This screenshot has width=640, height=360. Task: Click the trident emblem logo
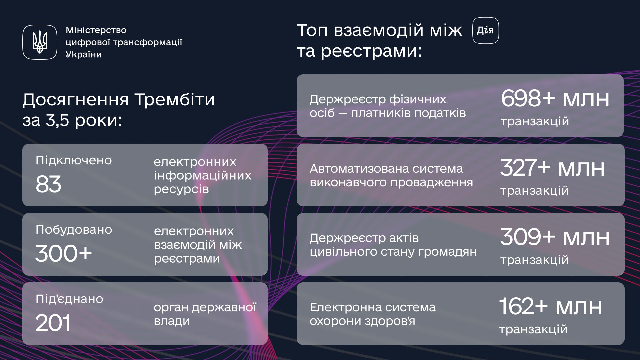click(x=40, y=42)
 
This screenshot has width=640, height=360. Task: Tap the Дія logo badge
click(x=486, y=31)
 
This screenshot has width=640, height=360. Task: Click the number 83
click(x=48, y=184)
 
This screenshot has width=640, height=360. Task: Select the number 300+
click(x=63, y=253)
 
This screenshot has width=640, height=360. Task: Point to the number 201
click(x=53, y=323)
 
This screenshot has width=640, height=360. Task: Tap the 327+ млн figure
click(x=552, y=167)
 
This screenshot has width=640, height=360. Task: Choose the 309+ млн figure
click(x=555, y=237)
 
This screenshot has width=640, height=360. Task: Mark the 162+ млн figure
click(x=551, y=306)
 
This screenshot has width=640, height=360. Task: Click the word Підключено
click(x=74, y=160)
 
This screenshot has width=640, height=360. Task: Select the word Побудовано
click(x=74, y=230)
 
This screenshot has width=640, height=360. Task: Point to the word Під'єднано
click(x=69, y=299)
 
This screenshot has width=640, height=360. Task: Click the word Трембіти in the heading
click(x=175, y=99)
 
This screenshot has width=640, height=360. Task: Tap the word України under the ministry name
click(x=84, y=55)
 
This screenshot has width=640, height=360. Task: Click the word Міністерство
click(x=96, y=30)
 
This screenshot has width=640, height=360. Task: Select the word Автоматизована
click(x=359, y=169)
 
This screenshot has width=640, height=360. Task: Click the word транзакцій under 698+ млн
click(x=535, y=121)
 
